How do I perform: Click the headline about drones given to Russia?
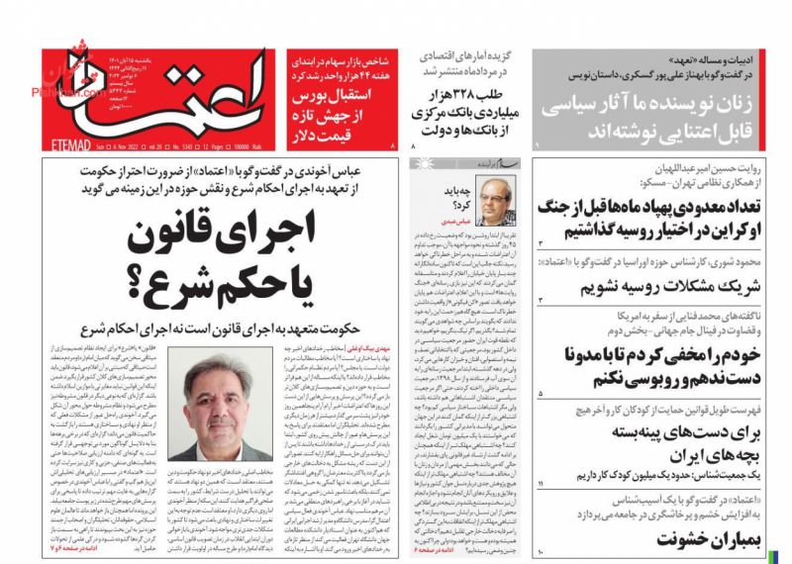(661, 218)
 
